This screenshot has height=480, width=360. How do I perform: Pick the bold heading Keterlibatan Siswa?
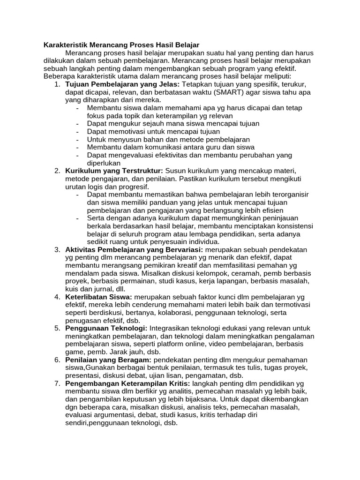[x=99, y=297]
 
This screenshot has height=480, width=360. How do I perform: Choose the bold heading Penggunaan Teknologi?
[x=106, y=329]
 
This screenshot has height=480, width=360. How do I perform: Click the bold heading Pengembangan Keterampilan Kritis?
[x=127, y=383]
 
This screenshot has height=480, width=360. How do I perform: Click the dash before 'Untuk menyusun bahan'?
[x=77, y=140]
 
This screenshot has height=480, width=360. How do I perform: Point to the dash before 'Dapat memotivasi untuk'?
[x=77, y=132]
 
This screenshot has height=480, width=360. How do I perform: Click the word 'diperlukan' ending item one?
[x=105, y=163]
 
